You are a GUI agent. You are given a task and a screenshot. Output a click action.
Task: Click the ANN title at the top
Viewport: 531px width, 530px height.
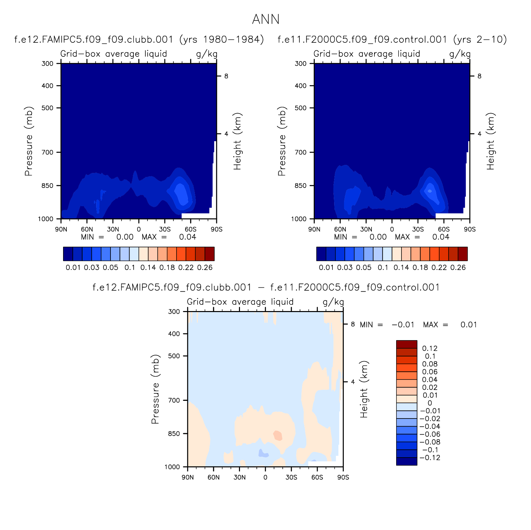click(266, 19)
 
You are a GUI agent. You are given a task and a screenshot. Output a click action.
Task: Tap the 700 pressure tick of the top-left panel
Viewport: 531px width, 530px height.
click(47, 153)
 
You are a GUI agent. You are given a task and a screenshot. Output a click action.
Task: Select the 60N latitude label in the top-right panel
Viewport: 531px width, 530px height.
click(340, 229)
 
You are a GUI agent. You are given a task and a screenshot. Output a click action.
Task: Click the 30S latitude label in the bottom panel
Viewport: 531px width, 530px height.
click(291, 477)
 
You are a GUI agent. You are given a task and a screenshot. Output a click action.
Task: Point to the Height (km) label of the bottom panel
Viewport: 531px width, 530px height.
click(364, 389)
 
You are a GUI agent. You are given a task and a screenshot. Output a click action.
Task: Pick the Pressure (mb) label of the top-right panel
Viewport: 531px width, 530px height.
click(282, 141)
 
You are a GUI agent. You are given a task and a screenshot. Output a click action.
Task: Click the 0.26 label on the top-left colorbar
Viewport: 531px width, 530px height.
click(205, 268)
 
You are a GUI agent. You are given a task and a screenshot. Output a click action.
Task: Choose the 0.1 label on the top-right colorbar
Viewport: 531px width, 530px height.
click(383, 268)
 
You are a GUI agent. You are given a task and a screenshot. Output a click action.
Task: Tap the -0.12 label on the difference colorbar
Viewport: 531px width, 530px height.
click(430, 458)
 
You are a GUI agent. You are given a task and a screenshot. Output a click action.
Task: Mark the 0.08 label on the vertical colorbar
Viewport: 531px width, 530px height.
click(430, 364)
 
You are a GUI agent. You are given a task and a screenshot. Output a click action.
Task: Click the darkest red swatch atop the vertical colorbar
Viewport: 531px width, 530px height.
click(407, 344)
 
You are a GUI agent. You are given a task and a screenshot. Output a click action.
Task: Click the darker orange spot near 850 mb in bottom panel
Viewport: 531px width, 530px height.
click(278, 436)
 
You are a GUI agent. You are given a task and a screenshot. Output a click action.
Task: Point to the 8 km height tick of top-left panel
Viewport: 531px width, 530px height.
click(226, 76)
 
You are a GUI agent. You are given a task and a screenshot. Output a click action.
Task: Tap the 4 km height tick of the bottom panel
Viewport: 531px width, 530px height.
click(353, 382)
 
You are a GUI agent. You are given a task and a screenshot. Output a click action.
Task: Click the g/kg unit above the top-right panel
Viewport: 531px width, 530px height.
click(460, 54)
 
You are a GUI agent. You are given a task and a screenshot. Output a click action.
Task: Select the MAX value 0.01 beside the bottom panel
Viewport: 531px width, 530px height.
click(469, 325)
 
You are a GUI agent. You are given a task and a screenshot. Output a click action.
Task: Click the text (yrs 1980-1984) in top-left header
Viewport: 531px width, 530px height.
click(222, 39)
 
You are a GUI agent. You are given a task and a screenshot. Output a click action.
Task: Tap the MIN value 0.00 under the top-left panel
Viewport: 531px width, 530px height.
click(125, 237)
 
